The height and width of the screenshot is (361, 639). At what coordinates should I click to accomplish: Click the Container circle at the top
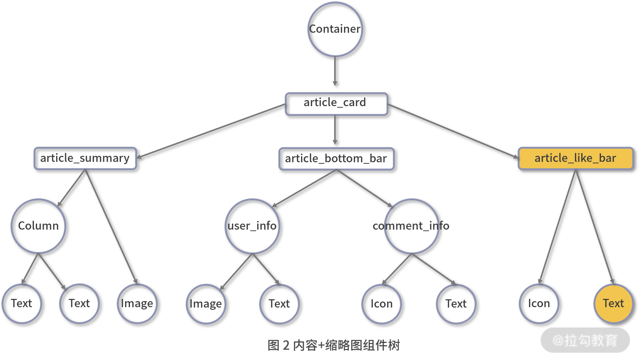coord(335,29)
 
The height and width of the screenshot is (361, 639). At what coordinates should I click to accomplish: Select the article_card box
coord(336,104)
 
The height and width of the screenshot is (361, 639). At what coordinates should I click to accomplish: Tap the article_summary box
coord(85,158)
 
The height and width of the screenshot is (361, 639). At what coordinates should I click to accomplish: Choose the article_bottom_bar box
coord(336,159)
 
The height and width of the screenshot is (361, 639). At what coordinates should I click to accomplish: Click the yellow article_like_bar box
coord(576,158)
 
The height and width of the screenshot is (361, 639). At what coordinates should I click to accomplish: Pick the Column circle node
coord(38,226)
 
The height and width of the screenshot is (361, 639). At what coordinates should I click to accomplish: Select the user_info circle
coord(252,226)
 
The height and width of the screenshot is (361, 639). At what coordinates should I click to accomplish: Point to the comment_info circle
coord(411,226)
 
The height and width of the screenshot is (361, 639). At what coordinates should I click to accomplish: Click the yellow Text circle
coord(613,303)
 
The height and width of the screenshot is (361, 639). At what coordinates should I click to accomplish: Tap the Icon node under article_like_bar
coord(539,303)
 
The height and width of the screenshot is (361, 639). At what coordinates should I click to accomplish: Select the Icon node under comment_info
coord(381,304)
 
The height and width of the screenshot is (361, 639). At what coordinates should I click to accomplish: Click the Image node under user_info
coord(206,304)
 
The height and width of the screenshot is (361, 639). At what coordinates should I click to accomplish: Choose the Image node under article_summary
coord(137,303)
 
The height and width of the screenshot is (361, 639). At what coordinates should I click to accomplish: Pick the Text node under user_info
coord(279,304)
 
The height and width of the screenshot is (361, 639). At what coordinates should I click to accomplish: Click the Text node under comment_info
coord(456,304)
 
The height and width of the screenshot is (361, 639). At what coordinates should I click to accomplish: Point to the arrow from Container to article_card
coord(335,72)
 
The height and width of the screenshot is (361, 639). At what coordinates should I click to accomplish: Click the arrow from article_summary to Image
coord(111,226)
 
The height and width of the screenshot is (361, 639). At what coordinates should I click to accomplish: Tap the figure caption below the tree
coord(333,345)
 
